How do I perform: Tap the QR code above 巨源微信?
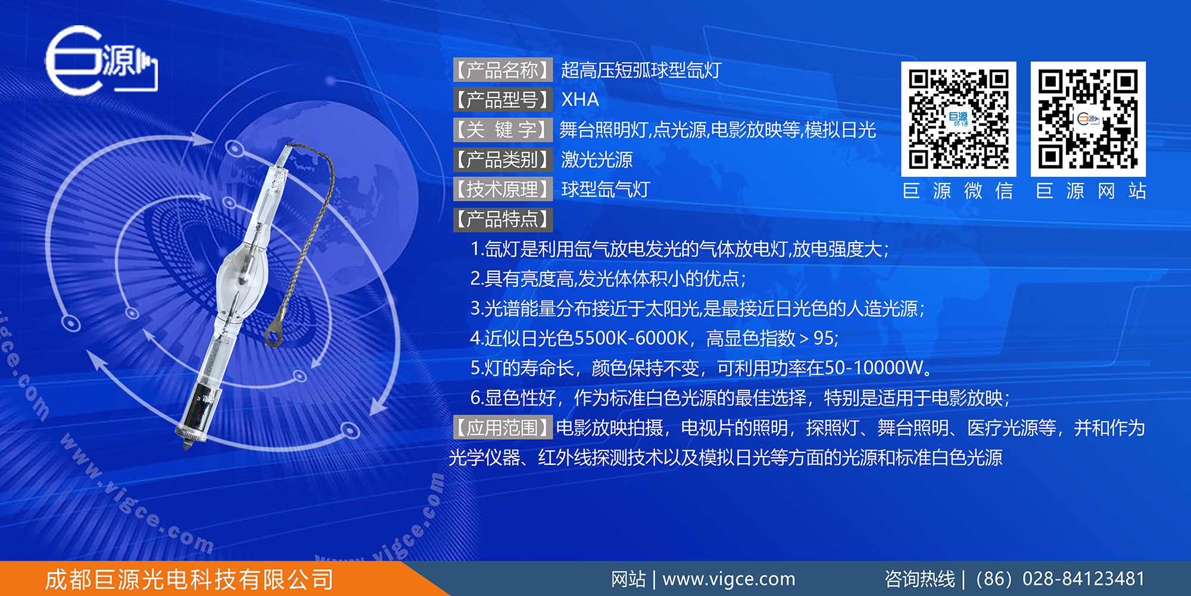pyautogui.click(x=958, y=119)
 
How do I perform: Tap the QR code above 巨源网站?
pyautogui.click(x=1088, y=119)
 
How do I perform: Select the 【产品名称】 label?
pyautogui.click(x=503, y=70)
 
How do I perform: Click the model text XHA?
pyautogui.click(x=580, y=100)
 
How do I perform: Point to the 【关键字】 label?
pyautogui.click(x=503, y=129)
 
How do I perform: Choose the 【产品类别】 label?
pyautogui.click(x=503, y=159)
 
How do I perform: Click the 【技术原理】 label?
pyautogui.click(x=503, y=189)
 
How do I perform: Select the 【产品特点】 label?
pyautogui.click(x=503, y=219)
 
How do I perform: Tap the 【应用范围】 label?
pyautogui.click(x=503, y=427)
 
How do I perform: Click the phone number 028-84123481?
pyautogui.click(x=1084, y=579)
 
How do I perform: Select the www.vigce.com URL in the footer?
pyautogui.click(x=729, y=579)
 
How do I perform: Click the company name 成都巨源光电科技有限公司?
pyautogui.click(x=189, y=579)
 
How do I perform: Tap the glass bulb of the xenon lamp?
pyautogui.click(x=241, y=270)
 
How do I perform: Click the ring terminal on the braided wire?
pyautogui.click(x=273, y=333)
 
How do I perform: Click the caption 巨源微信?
pyautogui.click(x=958, y=191)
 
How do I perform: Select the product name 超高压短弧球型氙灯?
pyautogui.click(x=641, y=70)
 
